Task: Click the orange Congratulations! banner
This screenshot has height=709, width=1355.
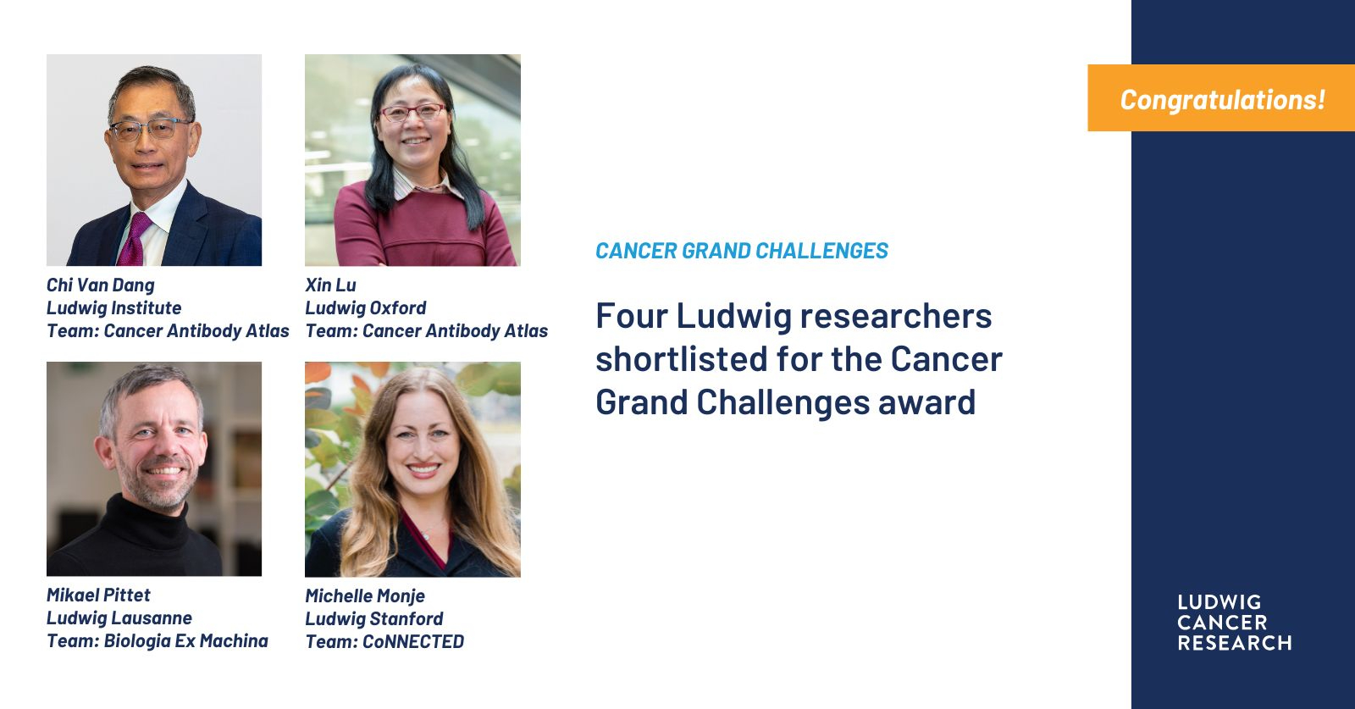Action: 1220,98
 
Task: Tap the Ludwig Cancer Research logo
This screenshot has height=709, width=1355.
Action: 1234,622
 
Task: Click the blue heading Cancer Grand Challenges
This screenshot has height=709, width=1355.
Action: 742,251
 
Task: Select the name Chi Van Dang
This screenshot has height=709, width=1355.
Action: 101,285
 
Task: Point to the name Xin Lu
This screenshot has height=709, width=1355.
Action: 330,285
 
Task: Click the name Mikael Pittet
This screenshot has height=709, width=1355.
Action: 98,595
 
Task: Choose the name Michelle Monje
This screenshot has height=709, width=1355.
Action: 365,595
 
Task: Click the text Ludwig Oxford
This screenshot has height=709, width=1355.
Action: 365,308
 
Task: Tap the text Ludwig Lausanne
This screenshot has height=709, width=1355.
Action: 119,618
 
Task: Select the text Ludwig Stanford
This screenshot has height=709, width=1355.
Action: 373,619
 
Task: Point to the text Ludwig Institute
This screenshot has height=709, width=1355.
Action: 113,308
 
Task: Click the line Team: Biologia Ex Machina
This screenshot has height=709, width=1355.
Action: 158,640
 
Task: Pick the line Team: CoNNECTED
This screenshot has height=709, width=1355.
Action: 384,641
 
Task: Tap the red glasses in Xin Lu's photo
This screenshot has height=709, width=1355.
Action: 413,112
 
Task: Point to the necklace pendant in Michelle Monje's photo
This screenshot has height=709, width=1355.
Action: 427,536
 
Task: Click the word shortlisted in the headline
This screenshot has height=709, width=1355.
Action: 681,358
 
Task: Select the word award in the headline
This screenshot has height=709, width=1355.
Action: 926,402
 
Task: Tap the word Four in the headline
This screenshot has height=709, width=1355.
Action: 631,316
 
